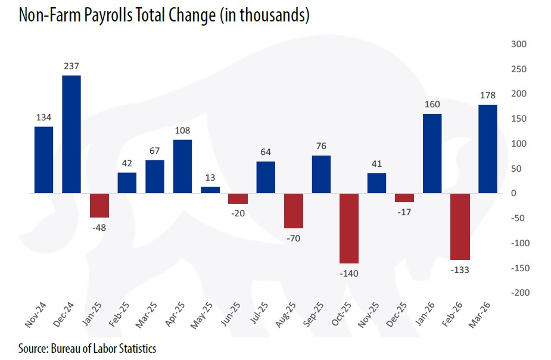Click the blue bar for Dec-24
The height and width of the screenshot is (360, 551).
tap(71, 134)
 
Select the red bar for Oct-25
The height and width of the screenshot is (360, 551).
tap(349, 228)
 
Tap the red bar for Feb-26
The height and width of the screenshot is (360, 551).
tap(460, 226)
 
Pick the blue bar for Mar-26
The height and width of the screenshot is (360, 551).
tap(487, 149)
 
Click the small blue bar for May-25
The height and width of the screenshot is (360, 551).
tap(210, 190)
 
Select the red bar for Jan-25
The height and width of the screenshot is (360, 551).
tap(99, 206)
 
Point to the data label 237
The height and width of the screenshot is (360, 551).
tap(71, 67)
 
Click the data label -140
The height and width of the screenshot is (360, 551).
tap(349, 273)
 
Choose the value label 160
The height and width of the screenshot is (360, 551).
tap(432, 105)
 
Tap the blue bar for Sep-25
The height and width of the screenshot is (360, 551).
tap(321, 175)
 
